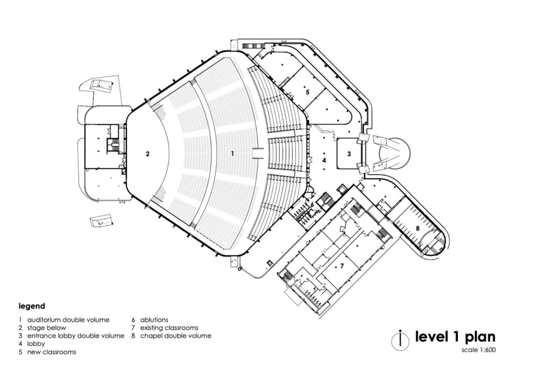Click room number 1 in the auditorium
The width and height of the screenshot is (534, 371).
(232, 153)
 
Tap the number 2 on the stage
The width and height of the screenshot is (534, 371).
(148, 154)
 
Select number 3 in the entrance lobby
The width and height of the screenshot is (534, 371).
(349, 154)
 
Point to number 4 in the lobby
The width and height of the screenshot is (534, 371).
(324, 160)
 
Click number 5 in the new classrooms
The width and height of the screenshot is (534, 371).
(307, 92)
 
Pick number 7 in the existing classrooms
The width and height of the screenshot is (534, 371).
(342, 266)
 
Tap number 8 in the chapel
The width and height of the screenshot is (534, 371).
(418, 229)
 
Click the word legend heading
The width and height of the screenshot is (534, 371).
(32, 306)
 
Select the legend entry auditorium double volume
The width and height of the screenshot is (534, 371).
(68, 320)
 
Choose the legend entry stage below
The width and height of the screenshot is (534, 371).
(46, 328)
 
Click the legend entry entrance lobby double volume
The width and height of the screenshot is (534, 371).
(76, 336)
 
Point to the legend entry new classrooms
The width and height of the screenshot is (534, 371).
(52, 352)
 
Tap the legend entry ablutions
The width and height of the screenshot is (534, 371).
(154, 320)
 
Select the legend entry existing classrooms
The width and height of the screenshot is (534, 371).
(169, 328)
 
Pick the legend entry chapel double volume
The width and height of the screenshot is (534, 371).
(176, 336)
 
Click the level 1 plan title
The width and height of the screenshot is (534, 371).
(455, 337)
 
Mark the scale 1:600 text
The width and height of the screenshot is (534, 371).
(479, 350)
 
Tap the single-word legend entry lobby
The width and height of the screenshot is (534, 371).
(36, 344)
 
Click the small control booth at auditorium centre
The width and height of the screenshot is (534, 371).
(258, 153)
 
